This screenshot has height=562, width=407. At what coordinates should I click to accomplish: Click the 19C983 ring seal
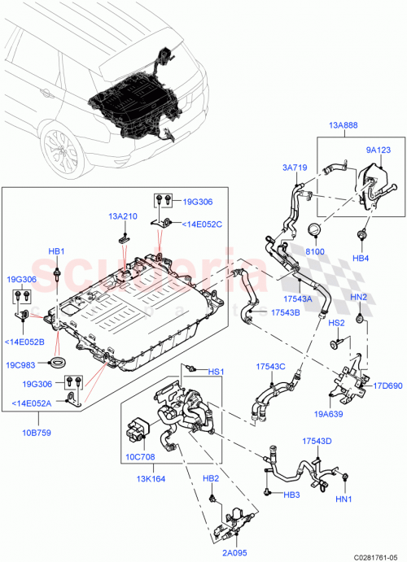coord(58,362)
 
